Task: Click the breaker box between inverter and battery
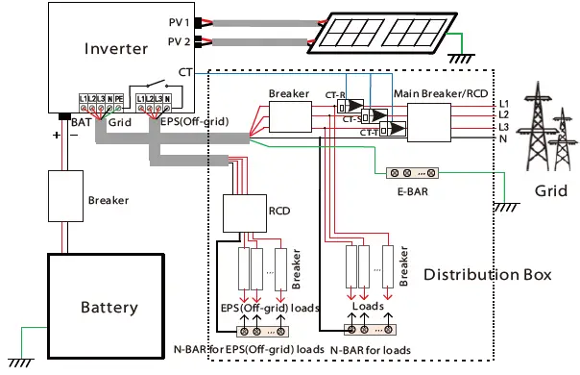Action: tap(68, 201)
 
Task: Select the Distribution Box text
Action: tap(488, 275)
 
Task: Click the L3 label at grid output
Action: tap(504, 127)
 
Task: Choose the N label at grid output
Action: tap(503, 140)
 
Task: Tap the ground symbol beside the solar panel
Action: tap(465, 58)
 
